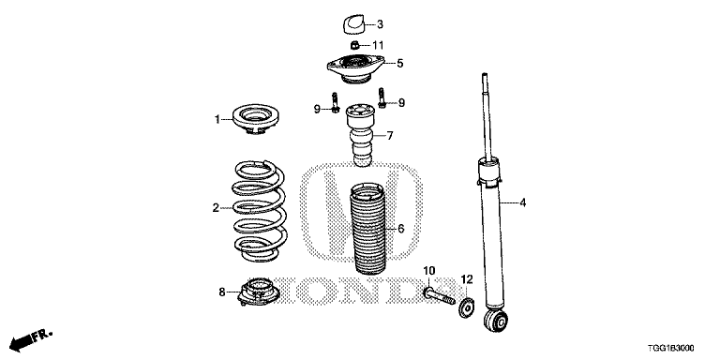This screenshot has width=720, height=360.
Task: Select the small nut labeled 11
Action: point(353,45)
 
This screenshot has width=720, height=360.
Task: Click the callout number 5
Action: point(398,64)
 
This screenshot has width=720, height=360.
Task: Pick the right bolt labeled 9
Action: point(382,96)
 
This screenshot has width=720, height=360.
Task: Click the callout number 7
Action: point(389,136)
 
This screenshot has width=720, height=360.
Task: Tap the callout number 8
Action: point(221,292)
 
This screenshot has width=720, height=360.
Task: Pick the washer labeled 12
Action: point(467,307)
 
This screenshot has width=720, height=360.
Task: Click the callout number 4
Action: point(522,202)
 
